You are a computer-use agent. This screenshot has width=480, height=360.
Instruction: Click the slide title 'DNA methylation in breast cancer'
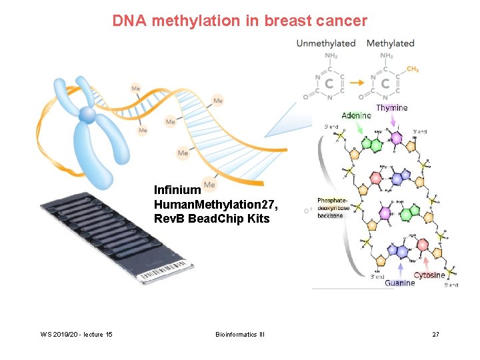coord(239,21)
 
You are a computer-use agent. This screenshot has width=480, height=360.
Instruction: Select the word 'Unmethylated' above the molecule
coord(326,43)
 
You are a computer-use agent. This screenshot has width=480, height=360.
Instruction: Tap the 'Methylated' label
coord(391,43)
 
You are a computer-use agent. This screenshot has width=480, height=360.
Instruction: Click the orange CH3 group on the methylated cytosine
coord(412,69)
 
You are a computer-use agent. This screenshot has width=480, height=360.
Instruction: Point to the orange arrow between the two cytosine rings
coord(357,85)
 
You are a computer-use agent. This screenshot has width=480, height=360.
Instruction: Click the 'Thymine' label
coord(392,108)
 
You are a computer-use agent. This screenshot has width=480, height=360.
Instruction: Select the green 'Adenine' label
coord(356,116)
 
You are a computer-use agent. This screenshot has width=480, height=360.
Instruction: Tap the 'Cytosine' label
coord(429,275)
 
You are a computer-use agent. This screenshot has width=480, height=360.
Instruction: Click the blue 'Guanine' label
coord(399,283)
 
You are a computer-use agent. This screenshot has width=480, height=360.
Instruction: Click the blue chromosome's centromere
coord(87,115)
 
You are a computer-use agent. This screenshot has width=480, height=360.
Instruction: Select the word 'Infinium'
coord(177,190)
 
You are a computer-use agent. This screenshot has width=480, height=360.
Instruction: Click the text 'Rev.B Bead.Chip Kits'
coord(212,219)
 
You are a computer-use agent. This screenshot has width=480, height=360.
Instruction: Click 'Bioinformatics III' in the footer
coord(240,333)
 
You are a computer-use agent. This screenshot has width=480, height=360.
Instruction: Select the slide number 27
coord(435,333)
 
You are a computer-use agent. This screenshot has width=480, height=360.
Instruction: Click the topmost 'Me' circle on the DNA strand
coord(136,88)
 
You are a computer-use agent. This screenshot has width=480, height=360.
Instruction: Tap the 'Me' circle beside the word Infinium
coord(209,185)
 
